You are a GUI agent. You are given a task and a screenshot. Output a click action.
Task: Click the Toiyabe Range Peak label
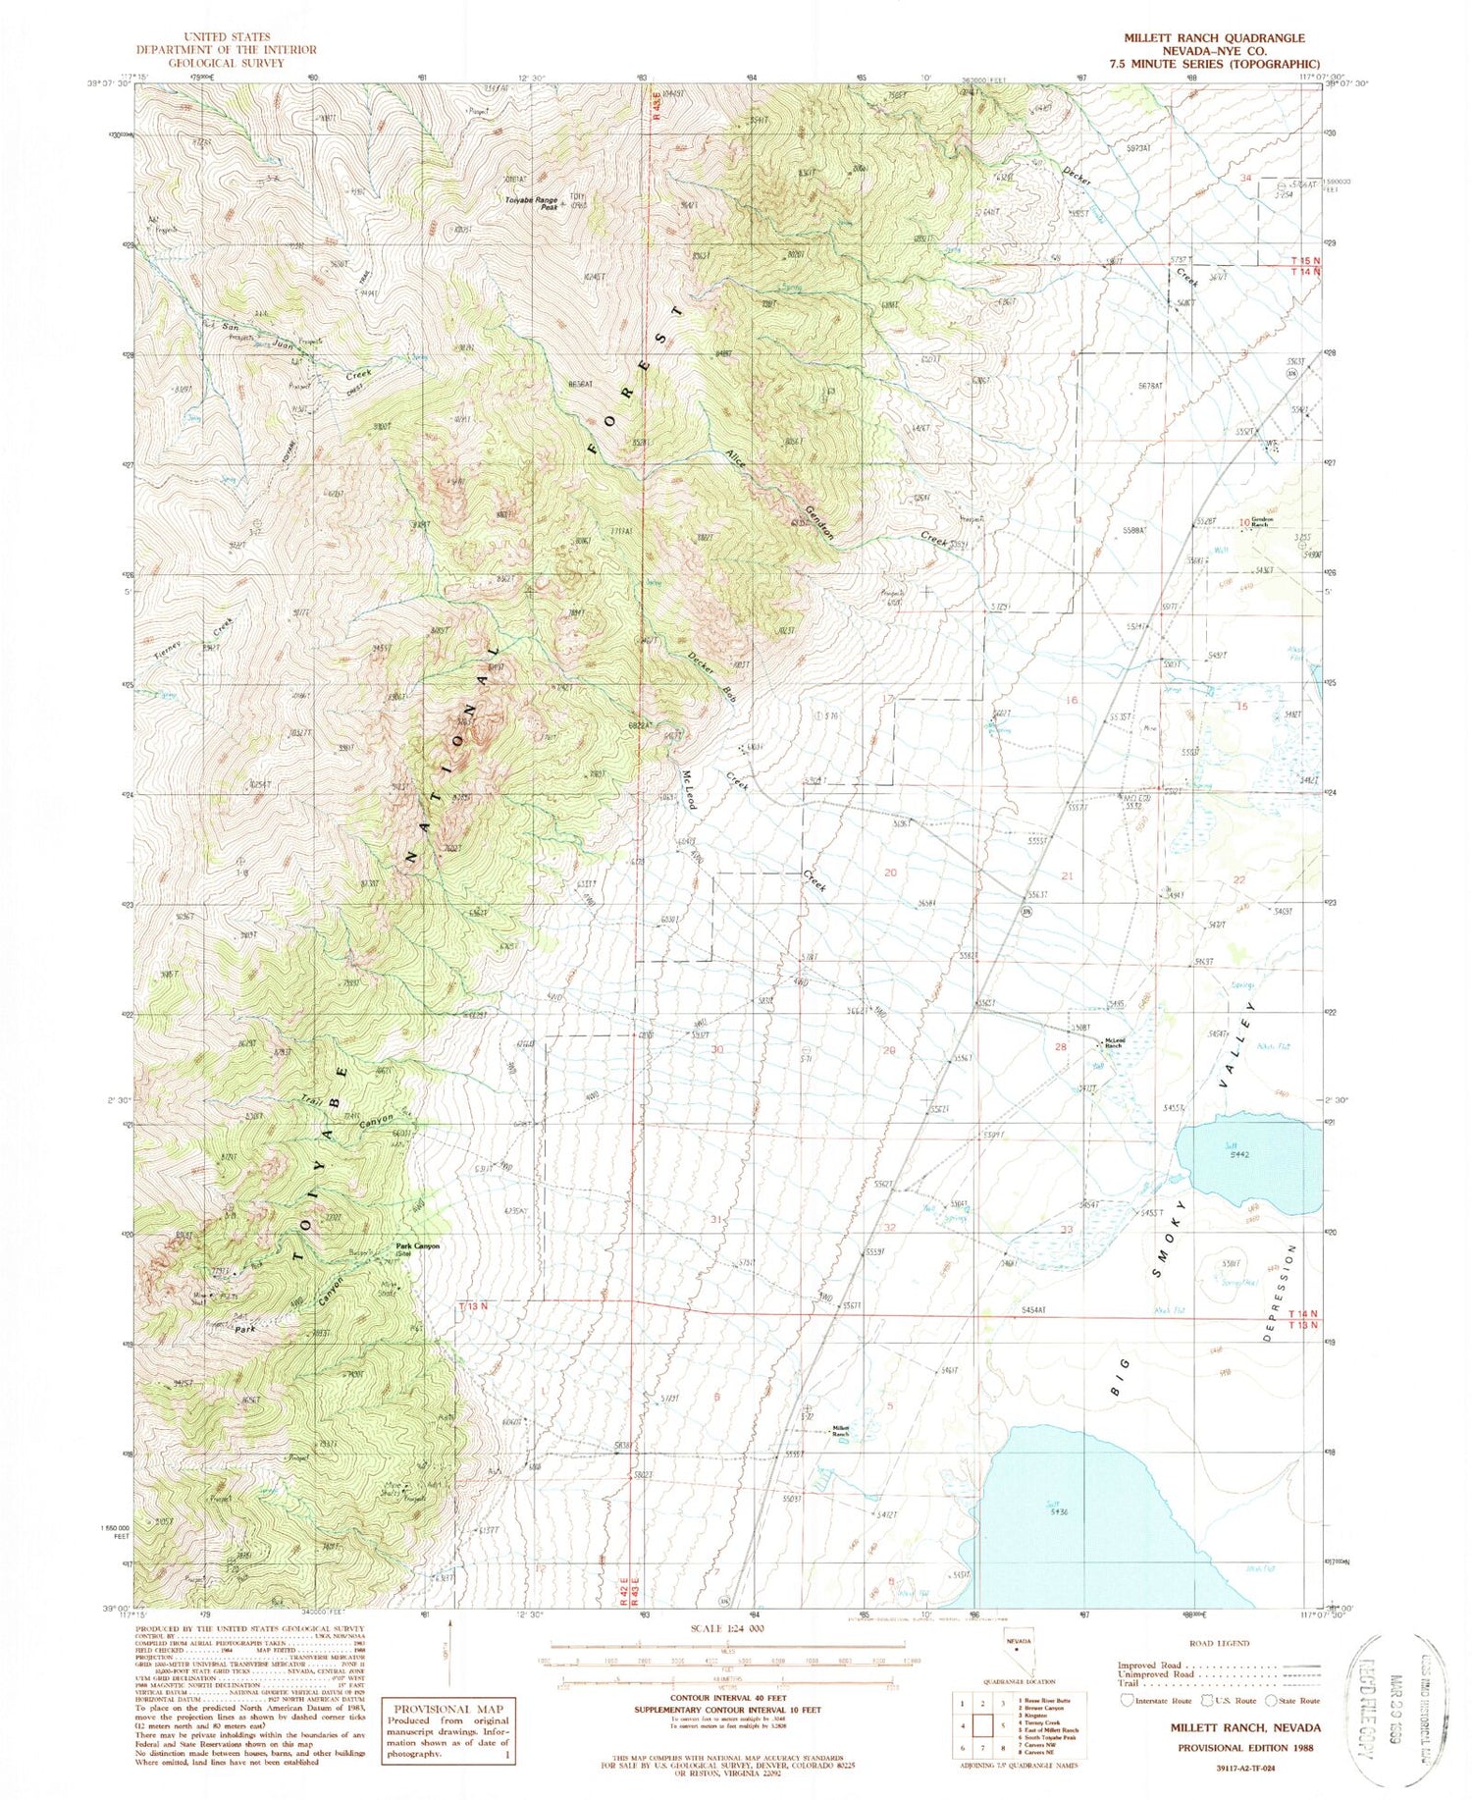[531, 202]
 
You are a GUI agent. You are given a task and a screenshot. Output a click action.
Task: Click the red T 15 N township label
[1303, 260]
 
